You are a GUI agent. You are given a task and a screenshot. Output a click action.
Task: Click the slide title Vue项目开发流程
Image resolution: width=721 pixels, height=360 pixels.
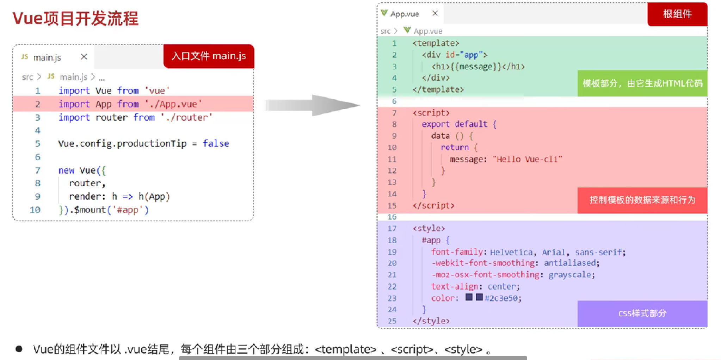75,18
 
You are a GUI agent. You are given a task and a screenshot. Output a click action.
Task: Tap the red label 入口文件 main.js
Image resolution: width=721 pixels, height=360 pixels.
209,56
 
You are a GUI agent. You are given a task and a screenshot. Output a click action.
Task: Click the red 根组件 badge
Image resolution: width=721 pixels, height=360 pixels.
677,14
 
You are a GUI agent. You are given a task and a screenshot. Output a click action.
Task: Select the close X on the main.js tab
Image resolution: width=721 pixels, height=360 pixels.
84,57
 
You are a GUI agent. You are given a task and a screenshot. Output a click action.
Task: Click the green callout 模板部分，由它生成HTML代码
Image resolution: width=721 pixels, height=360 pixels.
642,83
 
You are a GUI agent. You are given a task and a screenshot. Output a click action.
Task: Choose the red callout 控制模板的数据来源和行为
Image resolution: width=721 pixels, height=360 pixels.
642,200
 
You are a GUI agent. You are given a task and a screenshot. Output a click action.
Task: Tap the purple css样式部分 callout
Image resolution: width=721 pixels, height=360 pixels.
642,313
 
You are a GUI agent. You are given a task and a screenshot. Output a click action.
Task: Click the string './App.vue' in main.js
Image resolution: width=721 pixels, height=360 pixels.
173,104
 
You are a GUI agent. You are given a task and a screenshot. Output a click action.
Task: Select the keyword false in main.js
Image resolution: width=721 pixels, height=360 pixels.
216,144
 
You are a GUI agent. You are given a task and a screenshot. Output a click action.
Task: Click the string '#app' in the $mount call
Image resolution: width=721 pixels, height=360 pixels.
128,210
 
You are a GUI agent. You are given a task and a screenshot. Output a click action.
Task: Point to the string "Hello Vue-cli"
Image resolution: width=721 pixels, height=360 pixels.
527,159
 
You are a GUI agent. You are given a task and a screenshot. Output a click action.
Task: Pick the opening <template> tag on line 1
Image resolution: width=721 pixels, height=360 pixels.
436,43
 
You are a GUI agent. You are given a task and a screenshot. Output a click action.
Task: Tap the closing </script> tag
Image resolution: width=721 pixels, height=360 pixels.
433,206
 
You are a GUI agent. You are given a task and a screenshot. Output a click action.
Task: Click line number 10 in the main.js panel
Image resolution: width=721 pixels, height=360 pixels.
35,210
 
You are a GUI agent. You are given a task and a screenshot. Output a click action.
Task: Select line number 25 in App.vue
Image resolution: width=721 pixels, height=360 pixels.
392,321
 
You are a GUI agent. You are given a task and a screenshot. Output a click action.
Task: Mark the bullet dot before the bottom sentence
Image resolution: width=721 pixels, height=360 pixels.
19,349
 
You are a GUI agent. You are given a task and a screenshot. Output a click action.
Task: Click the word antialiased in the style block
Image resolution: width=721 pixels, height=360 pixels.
569,263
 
